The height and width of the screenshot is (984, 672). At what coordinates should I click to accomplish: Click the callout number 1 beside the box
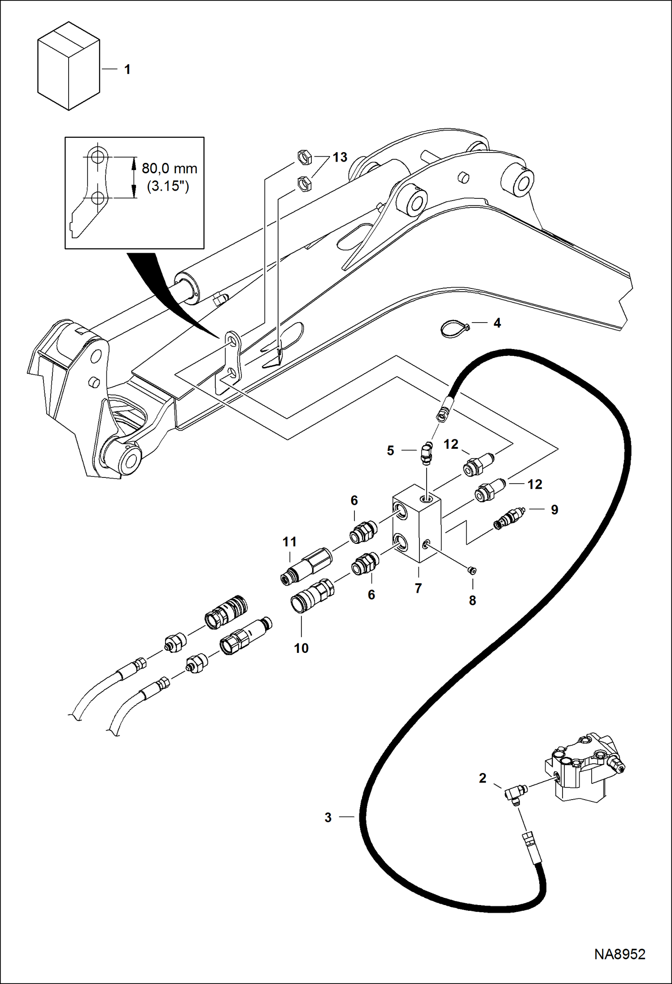pyautogui.click(x=127, y=70)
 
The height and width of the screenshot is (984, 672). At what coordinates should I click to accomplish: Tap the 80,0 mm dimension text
pyautogui.click(x=170, y=169)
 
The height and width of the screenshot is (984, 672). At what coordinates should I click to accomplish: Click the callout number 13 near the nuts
pyautogui.click(x=340, y=157)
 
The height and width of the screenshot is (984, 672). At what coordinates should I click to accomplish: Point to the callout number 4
pyautogui.click(x=497, y=323)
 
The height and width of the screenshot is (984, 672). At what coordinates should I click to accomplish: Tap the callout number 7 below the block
pyautogui.click(x=418, y=588)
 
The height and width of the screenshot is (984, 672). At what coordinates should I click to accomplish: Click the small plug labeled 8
pyautogui.click(x=471, y=570)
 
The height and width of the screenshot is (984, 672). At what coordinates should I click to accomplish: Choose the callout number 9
pyautogui.click(x=554, y=510)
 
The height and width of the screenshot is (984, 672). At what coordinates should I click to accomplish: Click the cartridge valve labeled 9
pyautogui.click(x=509, y=519)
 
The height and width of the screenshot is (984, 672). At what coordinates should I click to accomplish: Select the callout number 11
pyautogui.click(x=290, y=542)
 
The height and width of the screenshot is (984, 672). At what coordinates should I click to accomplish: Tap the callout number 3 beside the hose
pyautogui.click(x=328, y=818)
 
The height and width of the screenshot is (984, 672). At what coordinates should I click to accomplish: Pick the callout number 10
pyautogui.click(x=301, y=648)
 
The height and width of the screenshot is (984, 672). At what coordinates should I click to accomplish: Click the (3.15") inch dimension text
pyautogui.click(x=168, y=186)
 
